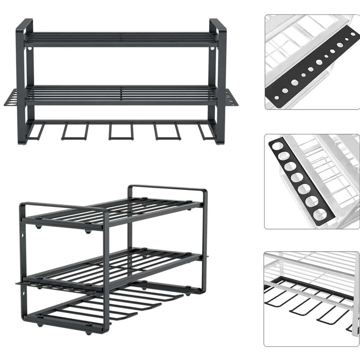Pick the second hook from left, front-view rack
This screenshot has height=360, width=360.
click(x=75, y=131)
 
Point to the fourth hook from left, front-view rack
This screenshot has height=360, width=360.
click(x=167, y=131)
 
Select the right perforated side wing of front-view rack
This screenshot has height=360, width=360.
click(x=232, y=98)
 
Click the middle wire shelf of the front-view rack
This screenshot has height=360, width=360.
click(x=121, y=94)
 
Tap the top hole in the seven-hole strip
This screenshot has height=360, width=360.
click(x=278, y=146)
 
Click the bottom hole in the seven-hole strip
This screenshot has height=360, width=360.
click(x=320, y=215)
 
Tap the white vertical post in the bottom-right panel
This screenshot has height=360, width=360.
click(x=355, y=295)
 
